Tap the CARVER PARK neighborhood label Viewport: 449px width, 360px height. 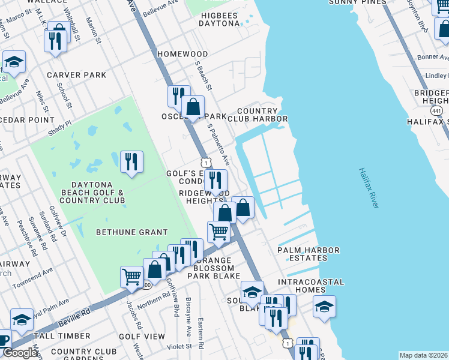[x=76, y=75]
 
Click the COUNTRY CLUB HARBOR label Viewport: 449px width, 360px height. [x=262, y=115]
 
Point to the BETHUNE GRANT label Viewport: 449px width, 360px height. [x=131, y=232]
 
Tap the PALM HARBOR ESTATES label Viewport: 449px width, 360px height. [x=308, y=254]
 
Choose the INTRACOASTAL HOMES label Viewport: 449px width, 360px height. [x=311, y=286]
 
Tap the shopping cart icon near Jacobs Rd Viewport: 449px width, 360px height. [x=131, y=277]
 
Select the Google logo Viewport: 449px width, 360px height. [x=20, y=353]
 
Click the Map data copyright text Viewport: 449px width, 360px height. [x=423, y=355]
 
